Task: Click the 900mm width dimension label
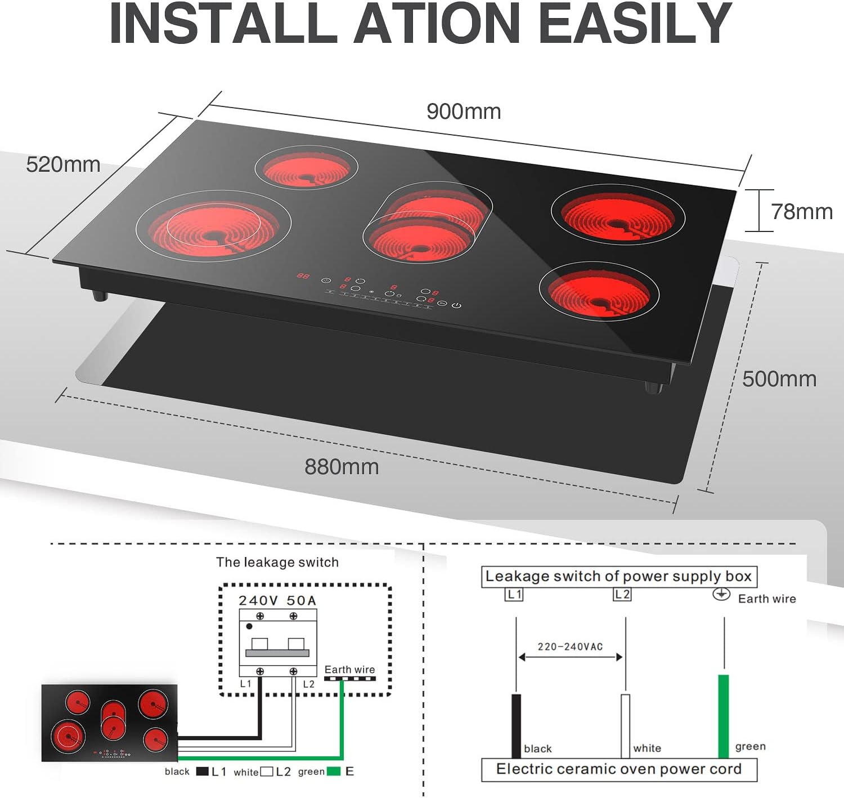pyautogui.click(x=463, y=112)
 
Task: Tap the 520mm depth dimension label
pyautogui.click(x=63, y=164)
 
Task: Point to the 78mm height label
pyautogui.click(x=801, y=212)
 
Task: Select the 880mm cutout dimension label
pyautogui.click(x=342, y=467)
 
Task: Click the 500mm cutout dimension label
pyautogui.click(x=779, y=379)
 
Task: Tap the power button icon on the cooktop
pyautogui.click(x=457, y=305)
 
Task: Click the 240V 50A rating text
pyautogui.click(x=277, y=600)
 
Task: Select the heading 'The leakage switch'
pyautogui.click(x=277, y=562)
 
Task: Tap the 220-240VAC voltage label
pyautogui.click(x=570, y=647)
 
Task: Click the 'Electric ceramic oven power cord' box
pyautogui.click(x=619, y=769)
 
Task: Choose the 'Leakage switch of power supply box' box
pyautogui.click(x=619, y=577)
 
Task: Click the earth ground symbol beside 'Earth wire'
pyautogui.click(x=721, y=594)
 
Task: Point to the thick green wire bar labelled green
pyautogui.click(x=724, y=715)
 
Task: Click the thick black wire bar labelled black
pyautogui.click(x=516, y=725)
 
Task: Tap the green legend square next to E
pyautogui.click(x=334, y=772)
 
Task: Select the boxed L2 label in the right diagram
pyautogui.click(x=622, y=594)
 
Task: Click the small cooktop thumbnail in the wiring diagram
pyautogui.click(x=110, y=723)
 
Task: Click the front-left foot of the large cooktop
pyautogui.click(x=100, y=296)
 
